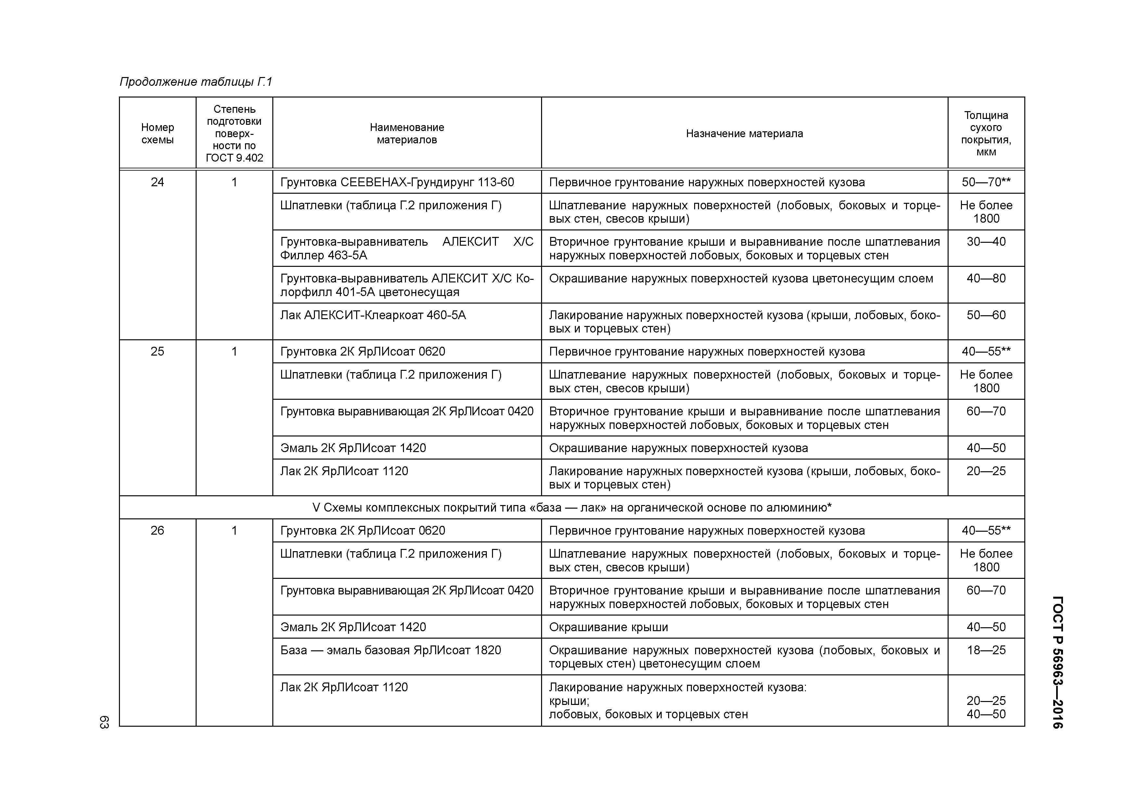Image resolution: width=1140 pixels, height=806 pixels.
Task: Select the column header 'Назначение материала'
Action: [x=744, y=134]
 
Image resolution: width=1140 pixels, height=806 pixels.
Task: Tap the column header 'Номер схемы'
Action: [x=157, y=134]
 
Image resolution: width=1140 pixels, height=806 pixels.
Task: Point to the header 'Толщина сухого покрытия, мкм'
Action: [x=986, y=134]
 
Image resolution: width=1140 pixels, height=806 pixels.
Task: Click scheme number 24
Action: [x=157, y=182]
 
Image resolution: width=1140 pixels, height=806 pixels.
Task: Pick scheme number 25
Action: [x=157, y=352]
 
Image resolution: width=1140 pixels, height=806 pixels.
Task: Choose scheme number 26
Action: [x=157, y=530]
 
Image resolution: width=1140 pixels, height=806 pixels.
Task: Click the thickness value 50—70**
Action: [x=986, y=182]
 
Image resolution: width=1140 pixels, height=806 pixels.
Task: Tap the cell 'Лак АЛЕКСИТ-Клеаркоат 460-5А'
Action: [x=373, y=315]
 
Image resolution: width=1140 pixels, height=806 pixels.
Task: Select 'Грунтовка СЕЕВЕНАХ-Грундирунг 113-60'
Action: [x=397, y=182]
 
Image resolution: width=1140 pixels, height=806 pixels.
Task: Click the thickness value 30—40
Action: [x=986, y=242]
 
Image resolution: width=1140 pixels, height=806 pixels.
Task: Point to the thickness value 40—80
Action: [x=986, y=279]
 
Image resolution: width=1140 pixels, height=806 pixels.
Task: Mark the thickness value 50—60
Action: [x=986, y=315]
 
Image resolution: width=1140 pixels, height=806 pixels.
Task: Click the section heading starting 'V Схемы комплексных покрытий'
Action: [x=572, y=508]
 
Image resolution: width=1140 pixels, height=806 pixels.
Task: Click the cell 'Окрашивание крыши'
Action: [x=608, y=627]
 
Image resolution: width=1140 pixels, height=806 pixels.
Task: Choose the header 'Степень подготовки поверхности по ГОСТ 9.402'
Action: [x=234, y=134]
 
